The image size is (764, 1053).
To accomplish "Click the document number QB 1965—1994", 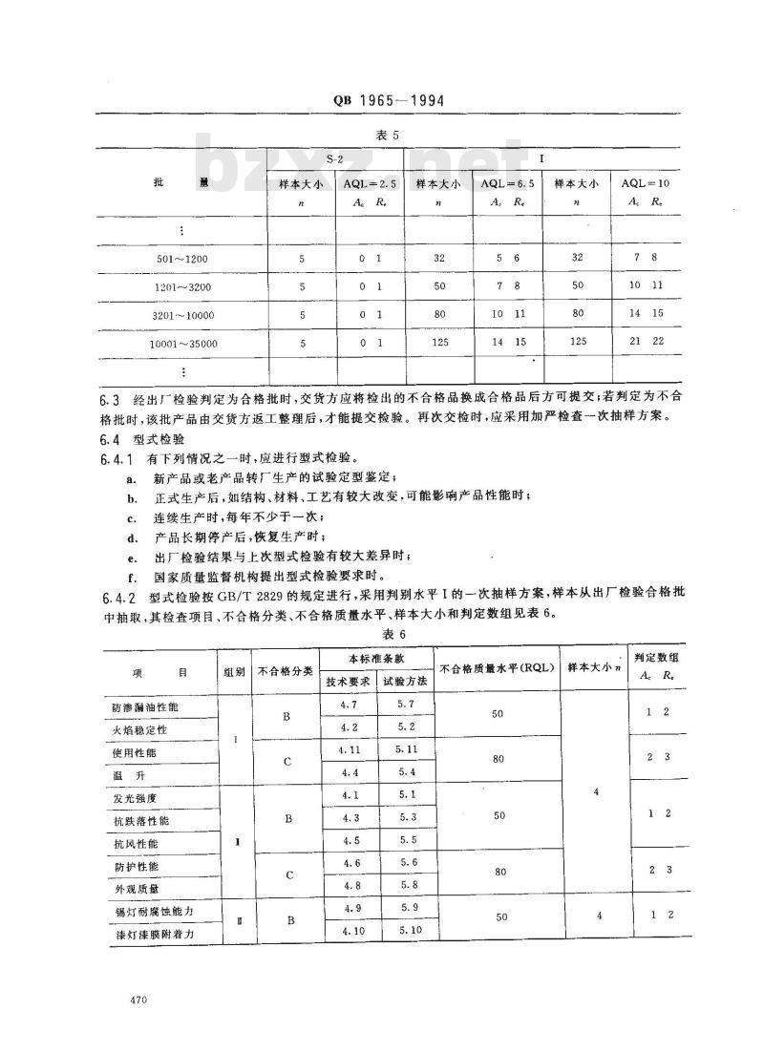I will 381,101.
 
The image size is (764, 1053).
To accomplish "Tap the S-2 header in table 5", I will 337,157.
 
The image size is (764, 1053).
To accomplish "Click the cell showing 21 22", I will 646,342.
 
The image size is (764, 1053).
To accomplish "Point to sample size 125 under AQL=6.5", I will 438,342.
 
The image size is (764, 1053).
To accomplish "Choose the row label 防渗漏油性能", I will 145,708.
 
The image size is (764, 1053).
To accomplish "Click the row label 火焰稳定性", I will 140,730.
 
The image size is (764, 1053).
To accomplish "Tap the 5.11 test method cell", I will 407,750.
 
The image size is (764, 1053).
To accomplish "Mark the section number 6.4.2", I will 120,597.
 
